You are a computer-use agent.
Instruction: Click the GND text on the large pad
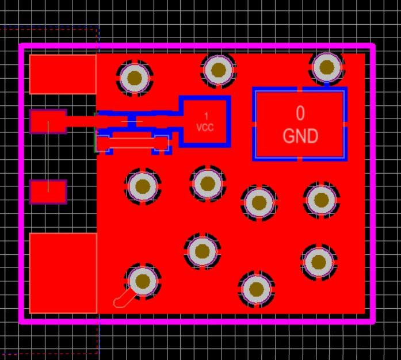[x=300, y=136]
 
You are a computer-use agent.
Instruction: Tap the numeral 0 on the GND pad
[x=300, y=113]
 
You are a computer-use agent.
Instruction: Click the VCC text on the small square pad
[x=205, y=127]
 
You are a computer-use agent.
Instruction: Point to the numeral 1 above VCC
[x=207, y=117]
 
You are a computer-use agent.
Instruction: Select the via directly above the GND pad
[x=326, y=68]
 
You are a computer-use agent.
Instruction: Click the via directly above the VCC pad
[x=218, y=70]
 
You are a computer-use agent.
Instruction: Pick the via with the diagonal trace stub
[x=142, y=281]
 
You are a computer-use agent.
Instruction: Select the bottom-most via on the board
[x=255, y=290]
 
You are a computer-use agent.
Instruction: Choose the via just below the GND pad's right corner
[x=320, y=200]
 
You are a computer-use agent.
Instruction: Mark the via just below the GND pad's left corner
[x=259, y=202]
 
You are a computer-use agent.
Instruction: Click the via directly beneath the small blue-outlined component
[x=142, y=186]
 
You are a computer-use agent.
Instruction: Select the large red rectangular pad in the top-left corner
[x=63, y=74]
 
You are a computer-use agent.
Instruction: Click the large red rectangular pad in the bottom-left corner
[x=63, y=273]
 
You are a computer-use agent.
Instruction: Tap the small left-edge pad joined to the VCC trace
[x=48, y=121]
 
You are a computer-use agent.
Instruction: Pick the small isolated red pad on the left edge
[x=48, y=192]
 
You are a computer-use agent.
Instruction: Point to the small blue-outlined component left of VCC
[x=133, y=132]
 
